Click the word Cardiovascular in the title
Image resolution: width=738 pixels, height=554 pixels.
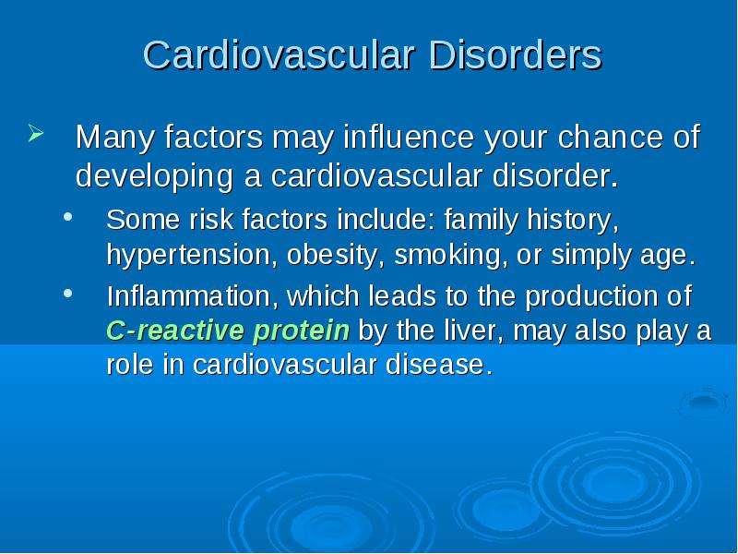(x=280, y=54)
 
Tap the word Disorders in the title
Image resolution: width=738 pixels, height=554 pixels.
(x=516, y=54)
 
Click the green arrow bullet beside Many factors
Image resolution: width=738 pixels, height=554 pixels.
(x=36, y=133)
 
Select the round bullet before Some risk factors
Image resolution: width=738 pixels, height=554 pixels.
(x=68, y=217)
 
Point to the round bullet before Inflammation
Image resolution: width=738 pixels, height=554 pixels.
(x=68, y=293)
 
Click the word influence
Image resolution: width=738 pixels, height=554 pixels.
(x=409, y=137)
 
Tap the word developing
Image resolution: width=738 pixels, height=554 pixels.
(x=154, y=177)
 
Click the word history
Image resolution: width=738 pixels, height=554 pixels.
(x=573, y=220)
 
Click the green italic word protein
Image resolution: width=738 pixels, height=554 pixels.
(x=302, y=331)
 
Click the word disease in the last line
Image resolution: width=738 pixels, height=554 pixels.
(x=439, y=365)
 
